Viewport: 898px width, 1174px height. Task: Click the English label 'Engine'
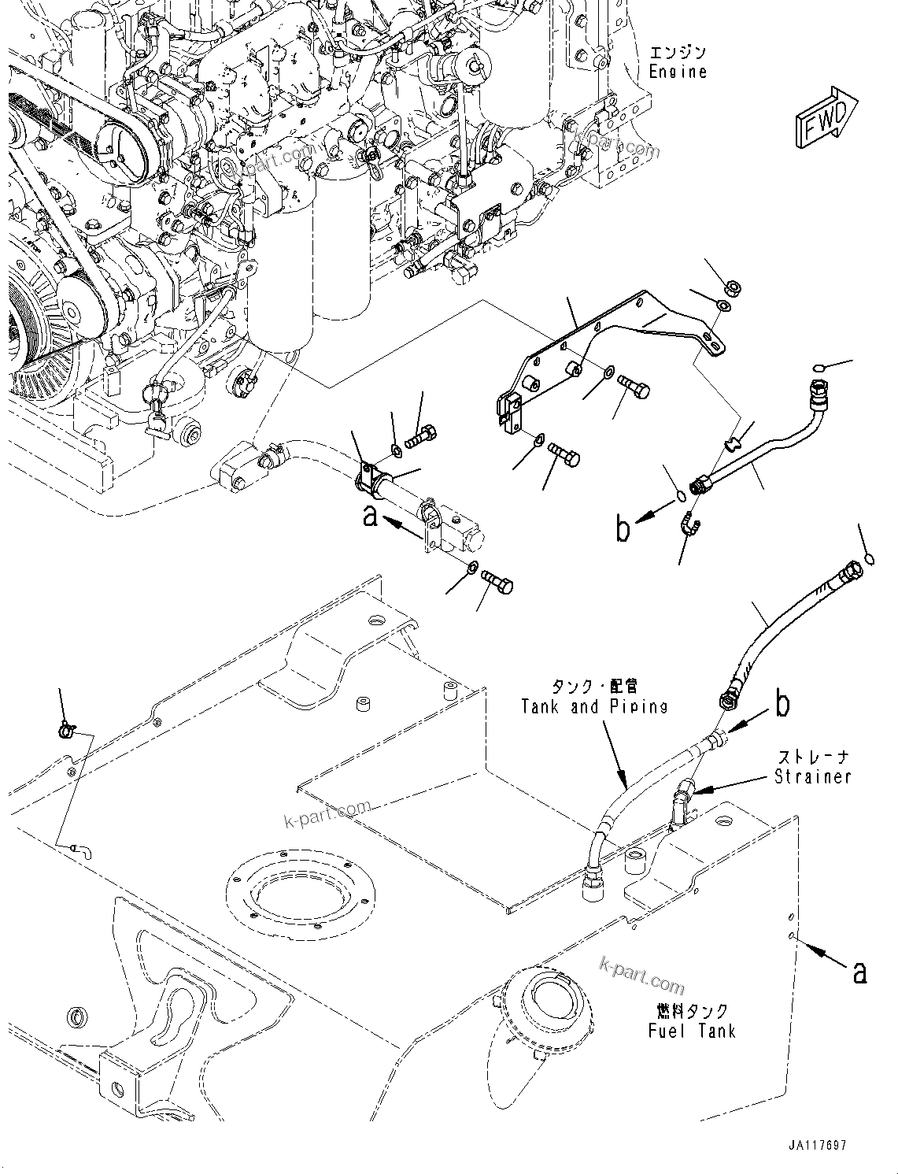coord(677,72)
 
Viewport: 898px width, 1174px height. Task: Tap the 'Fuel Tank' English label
coord(691,1031)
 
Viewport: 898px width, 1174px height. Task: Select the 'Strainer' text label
coord(812,776)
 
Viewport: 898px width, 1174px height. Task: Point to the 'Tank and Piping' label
coord(594,706)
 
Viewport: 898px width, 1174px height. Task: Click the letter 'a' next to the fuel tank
coord(859,972)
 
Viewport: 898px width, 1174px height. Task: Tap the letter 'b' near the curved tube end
coord(623,530)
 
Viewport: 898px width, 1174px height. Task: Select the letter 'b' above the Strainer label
coord(782,705)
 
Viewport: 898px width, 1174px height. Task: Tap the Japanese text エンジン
coord(678,53)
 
